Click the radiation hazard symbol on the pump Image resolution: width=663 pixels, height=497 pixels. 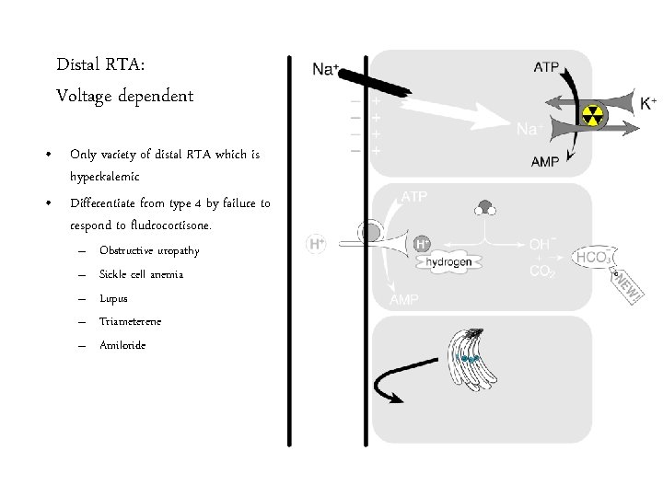[592, 115]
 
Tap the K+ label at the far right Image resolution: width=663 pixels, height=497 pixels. [648, 103]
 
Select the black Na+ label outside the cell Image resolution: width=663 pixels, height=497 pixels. [327, 68]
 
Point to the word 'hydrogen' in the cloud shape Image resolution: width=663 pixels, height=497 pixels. [448, 262]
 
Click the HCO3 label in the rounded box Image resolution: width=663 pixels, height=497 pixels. [591, 258]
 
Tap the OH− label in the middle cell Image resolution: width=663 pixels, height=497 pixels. [541, 245]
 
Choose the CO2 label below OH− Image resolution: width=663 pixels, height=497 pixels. [541, 272]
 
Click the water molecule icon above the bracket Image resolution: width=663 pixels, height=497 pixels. [485, 206]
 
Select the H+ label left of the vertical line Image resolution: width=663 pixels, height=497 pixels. [316, 245]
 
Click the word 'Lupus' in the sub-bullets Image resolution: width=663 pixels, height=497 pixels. [113, 298]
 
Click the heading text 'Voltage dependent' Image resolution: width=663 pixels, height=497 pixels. [124, 96]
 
